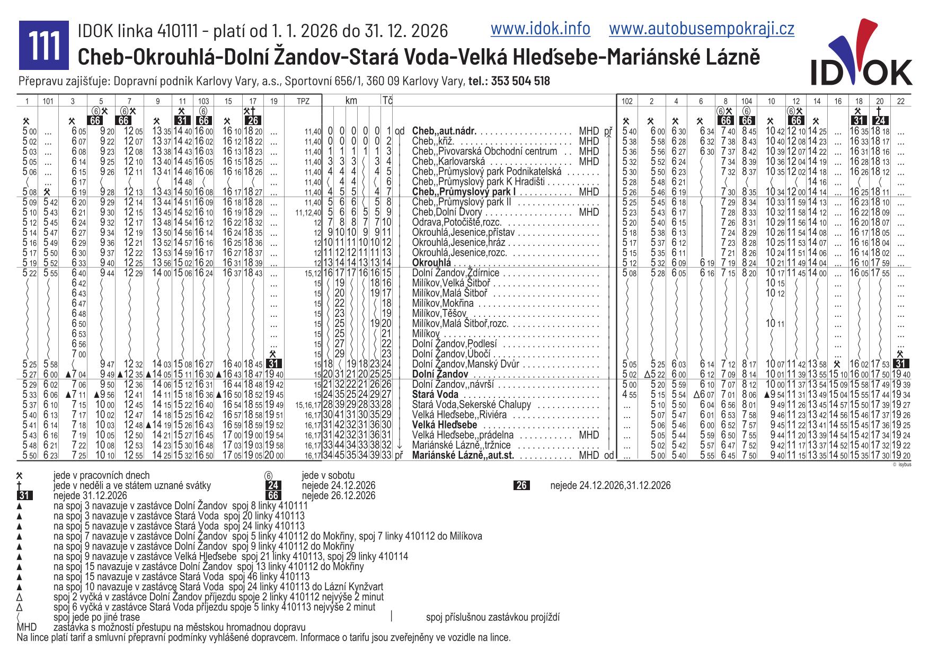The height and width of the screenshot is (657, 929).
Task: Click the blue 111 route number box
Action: tap(44, 45)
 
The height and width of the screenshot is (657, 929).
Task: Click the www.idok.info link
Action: tap(540, 29)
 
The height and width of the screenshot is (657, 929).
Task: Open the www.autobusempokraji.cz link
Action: tap(701, 29)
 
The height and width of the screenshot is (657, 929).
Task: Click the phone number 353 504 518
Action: tap(520, 81)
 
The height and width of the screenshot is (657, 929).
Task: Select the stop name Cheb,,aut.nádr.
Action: tap(444, 131)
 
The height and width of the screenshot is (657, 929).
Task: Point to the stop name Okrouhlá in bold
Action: tap(431, 263)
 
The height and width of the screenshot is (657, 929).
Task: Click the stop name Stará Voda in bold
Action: tap(435, 395)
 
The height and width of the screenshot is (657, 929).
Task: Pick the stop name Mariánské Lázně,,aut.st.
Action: tap(463, 455)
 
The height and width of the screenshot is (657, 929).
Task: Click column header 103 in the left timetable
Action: tap(204, 101)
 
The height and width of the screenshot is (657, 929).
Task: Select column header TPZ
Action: tap(303, 101)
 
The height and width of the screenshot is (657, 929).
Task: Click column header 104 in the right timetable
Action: tap(746, 101)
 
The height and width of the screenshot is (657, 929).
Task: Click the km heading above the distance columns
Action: tap(351, 100)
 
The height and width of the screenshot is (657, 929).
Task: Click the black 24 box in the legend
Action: tap(273, 486)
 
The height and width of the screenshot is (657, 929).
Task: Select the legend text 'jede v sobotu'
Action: tap(328, 476)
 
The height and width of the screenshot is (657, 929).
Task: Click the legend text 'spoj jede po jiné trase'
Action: tap(96, 617)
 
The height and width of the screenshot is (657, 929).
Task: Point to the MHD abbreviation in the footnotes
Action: tap(26, 627)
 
